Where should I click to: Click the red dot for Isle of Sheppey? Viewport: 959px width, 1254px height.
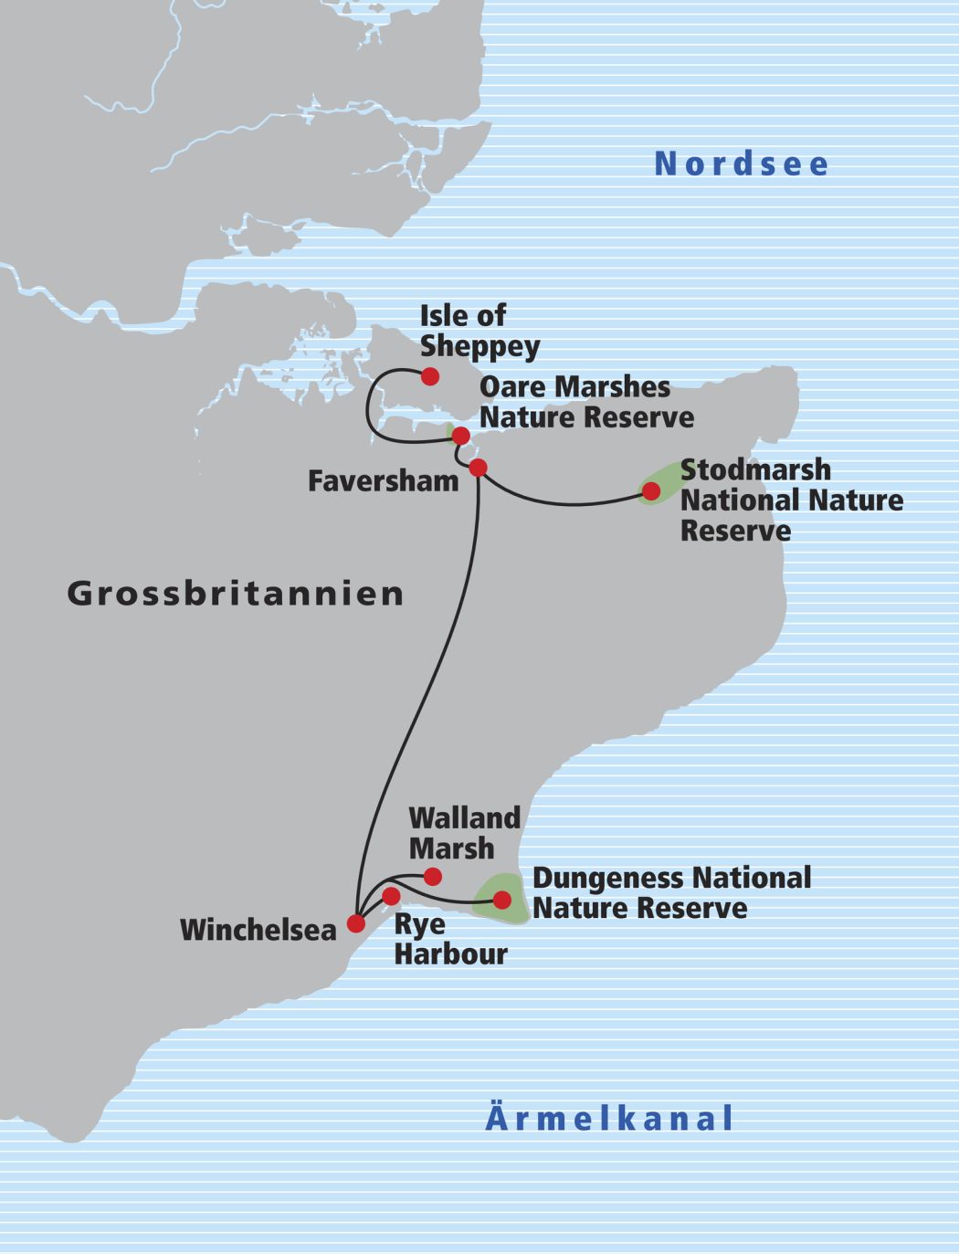point(429,376)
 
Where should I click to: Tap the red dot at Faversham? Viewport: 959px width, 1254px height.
point(478,468)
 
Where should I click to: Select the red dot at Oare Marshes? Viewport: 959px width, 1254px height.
point(460,435)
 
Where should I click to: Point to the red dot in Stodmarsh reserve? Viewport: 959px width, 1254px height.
point(650,491)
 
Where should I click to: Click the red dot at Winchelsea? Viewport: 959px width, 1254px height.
point(356,923)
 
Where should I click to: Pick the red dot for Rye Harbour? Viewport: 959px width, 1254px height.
point(391,895)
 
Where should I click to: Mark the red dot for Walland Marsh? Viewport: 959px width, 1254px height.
point(433,877)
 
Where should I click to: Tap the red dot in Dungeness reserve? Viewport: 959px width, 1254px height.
point(502,900)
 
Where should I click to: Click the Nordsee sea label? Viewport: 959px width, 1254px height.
point(742,164)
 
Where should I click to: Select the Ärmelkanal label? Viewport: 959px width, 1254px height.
point(609,1119)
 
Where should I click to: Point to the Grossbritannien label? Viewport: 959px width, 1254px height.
point(236,594)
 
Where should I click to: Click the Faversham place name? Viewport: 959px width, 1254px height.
point(383,481)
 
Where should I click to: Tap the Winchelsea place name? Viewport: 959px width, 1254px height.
point(258,930)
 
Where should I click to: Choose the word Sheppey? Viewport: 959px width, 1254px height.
point(479,348)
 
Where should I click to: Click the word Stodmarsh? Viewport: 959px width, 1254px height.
point(755,470)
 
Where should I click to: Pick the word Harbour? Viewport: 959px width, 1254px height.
point(450,954)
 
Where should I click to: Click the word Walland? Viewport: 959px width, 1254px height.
point(464,818)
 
